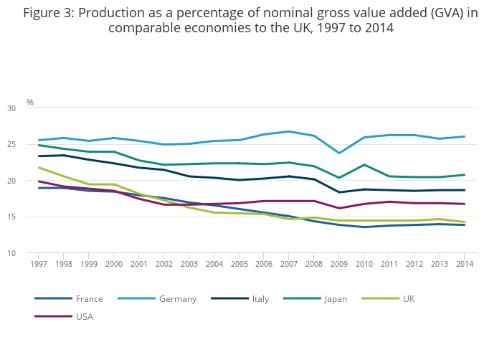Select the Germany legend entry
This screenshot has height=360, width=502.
click(x=177, y=298)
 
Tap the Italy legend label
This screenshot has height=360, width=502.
click(x=260, y=298)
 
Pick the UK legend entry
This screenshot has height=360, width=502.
click(x=408, y=298)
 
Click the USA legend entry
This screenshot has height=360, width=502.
click(x=84, y=316)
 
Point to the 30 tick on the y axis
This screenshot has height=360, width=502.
click(x=31, y=108)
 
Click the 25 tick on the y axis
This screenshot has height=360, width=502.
click(x=31, y=145)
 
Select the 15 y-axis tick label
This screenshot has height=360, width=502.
click(x=31, y=217)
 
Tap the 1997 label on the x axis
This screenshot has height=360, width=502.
click(x=39, y=264)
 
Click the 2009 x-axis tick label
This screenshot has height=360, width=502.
click(x=339, y=264)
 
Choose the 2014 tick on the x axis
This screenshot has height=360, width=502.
click(x=464, y=264)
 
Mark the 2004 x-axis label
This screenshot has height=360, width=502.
click(x=214, y=264)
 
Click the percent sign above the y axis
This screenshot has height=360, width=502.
click(x=30, y=103)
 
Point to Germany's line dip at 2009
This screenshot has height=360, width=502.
click(x=339, y=153)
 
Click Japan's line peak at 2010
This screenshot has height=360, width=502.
click(x=364, y=165)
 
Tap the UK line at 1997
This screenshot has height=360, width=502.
click(x=39, y=168)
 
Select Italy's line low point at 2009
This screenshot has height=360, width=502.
click(x=339, y=192)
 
